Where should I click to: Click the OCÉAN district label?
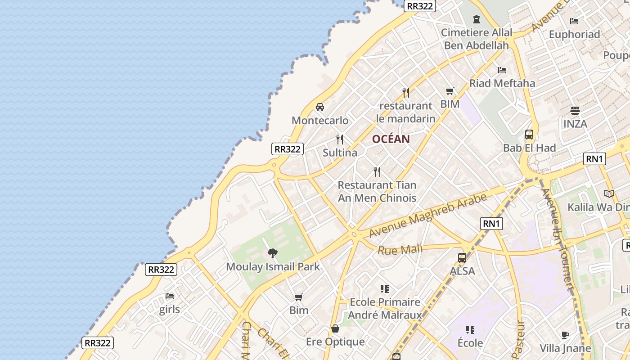pos(391,139)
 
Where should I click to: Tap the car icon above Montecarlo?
pos(320,107)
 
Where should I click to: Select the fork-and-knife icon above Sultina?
pos(340,139)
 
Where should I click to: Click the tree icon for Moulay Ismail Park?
pos(272,253)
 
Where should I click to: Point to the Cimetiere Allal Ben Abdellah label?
pos(477,39)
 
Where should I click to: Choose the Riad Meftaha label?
pos(502,83)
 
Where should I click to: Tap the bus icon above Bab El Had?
pos(529,135)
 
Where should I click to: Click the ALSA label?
pos(462,271)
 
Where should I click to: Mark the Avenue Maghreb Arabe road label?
pos(428,216)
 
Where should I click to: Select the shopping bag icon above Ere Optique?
pos(335,328)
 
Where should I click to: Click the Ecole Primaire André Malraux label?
pos(385,308)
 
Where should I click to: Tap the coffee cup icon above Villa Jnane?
pos(566,335)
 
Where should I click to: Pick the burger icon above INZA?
pos(575,110)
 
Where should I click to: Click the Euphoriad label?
pos(574,34)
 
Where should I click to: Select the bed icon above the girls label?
pos(170,296)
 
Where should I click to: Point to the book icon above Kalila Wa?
pos(609,194)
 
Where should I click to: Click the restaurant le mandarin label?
pos(405,112)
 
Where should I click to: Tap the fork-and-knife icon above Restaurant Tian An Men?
pos(377,171)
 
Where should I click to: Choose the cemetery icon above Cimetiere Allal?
pos(477,19)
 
